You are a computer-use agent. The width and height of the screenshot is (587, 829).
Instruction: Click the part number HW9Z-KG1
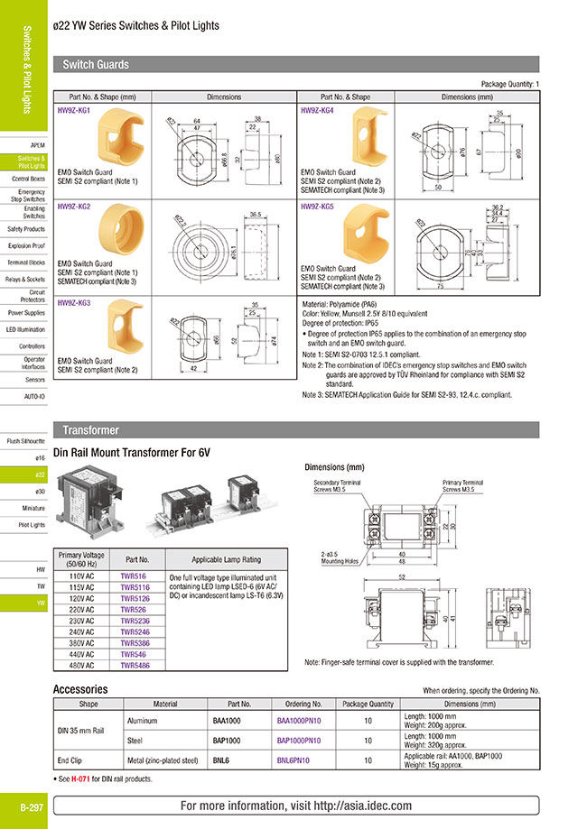click(x=74, y=109)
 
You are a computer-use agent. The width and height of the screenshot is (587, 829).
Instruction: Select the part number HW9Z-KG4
click(x=317, y=109)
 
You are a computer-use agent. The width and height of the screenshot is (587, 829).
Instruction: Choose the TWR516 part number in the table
click(x=133, y=575)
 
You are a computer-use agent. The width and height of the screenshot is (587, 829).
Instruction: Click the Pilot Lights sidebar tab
click(x=32, y=524)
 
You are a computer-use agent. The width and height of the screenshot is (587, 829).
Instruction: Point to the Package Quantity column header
click(x=369, y=704)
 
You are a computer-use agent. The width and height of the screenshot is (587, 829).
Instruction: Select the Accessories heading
click(x=80, y=689)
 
